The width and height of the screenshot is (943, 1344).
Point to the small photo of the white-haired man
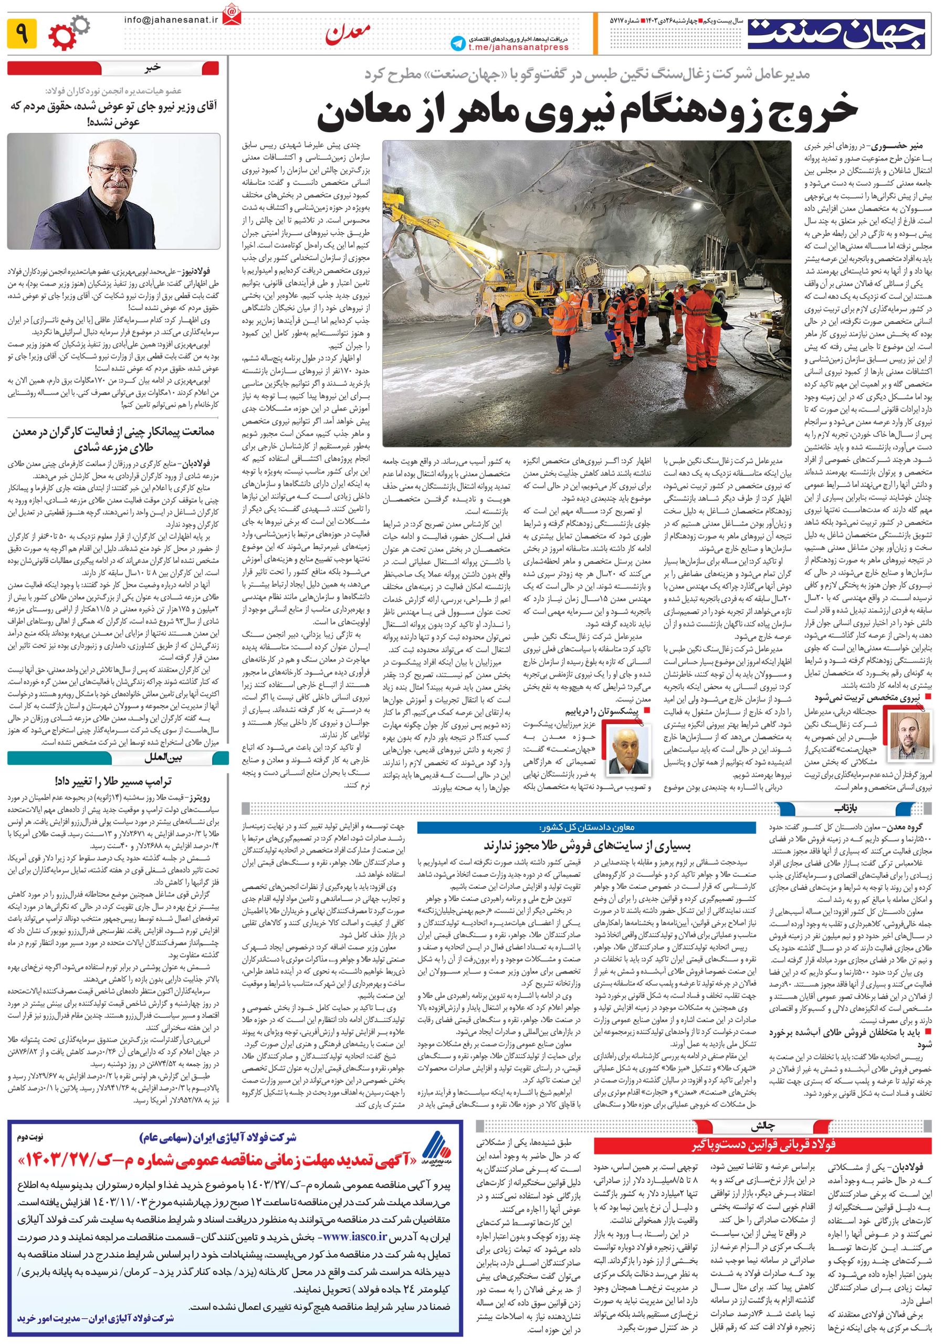(x=627, y=751)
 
